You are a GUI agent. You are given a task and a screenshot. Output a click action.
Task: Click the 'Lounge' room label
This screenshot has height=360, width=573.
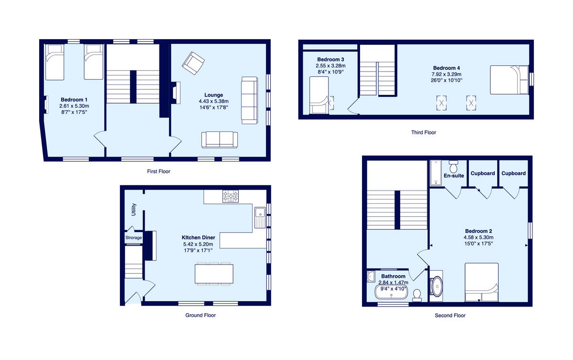pyautogui.click(x=214, y=95)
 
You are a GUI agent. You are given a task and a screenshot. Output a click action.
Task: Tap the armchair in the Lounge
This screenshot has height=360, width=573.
pyautogui.click(x=193, y=63)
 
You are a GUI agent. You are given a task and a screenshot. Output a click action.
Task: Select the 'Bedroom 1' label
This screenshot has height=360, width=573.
pyautogui.click(x=74, y=99)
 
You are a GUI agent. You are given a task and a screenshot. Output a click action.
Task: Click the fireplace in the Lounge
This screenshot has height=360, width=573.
pyautogui.click(x=177, y=93)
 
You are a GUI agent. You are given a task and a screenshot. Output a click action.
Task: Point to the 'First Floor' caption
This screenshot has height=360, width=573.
pyautogui.click(x=159, y=171)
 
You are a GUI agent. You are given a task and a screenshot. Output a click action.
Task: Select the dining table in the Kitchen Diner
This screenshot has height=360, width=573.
pyautogui.click(x=214, y=274)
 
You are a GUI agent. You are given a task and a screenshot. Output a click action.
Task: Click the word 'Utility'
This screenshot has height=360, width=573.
pyautogui.click(x=134, y=210)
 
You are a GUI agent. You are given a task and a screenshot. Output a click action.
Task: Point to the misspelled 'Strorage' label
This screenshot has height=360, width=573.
pyautogui.click(x=134, y=238)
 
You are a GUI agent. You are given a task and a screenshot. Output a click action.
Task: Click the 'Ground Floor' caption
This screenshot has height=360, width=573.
pyautogui.click(x=201, y=315)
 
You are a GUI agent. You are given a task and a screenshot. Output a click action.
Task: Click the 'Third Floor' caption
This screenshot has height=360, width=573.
pyautogui.click(x=424, y=132)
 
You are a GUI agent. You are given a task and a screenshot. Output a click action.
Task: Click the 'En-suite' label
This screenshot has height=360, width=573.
pyautogui.click(x=454, y=176)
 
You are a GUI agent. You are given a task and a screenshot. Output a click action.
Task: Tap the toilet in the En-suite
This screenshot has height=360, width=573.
pyautogui.click(x=454, y=166)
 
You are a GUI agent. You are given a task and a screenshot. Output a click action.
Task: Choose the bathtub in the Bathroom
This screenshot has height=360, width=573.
pyautogui.click(x=391, y=292)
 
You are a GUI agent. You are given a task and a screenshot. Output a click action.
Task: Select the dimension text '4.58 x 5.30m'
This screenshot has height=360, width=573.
pyautogui.click(x=478, y=237)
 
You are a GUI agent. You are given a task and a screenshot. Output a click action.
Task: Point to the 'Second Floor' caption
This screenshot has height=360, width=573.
pyautogui.click(x=450, y=315)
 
